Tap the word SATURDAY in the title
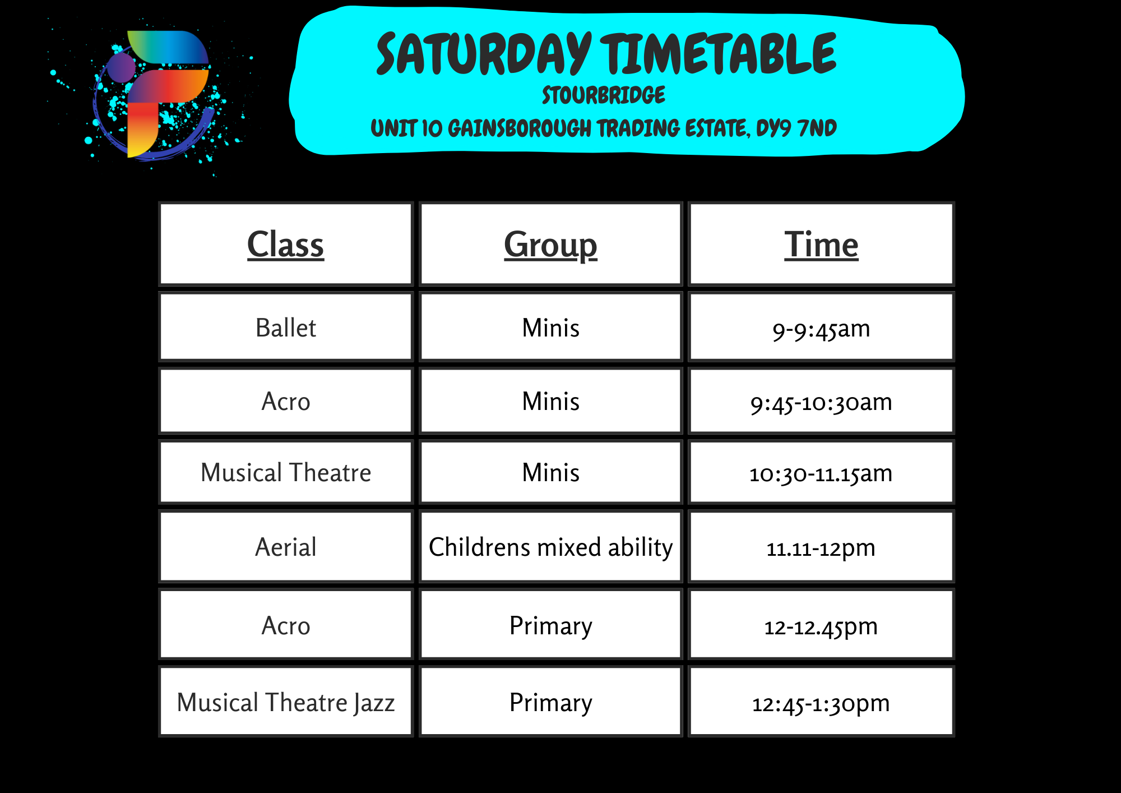click(484, 54)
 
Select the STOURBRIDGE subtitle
click(604, 95)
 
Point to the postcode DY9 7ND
click(796, 128)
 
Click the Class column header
click(286, 245)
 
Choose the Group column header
click(551, 245)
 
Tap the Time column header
click(822, 245)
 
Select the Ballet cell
click(286, 327)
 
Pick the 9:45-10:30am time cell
click(822, 401)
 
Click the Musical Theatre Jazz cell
click(286, 702)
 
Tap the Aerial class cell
click(286, 547)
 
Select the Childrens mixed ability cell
click(551, 547)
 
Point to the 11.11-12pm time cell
click(822, 547)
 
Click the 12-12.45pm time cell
click(822, 625)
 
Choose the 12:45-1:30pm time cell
click(822, 702)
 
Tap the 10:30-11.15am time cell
click(822, 472)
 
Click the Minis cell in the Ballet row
click(551, 327)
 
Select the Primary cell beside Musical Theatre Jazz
click(551, 702)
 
